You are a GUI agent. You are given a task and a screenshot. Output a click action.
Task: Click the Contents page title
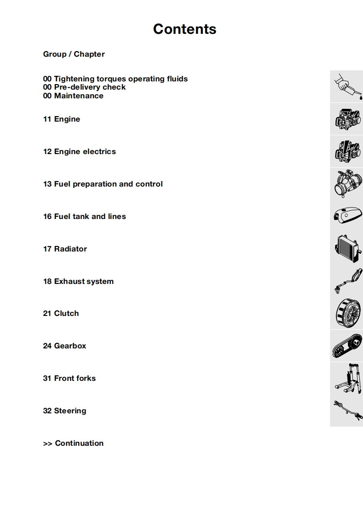184,29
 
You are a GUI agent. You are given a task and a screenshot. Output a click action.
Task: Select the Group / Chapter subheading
74,54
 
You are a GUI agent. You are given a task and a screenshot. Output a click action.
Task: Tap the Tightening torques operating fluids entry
115,79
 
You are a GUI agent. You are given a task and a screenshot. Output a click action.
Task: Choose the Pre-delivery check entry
84,87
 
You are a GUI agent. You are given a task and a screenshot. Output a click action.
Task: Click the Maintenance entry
73,96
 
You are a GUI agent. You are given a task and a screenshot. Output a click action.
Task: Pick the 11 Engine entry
61,119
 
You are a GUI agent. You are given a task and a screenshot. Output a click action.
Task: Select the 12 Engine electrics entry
79,151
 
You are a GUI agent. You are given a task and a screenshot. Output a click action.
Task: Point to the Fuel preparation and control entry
103,184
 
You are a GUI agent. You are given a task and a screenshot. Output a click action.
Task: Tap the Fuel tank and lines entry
84,216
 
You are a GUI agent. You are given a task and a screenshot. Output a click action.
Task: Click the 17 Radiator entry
65,249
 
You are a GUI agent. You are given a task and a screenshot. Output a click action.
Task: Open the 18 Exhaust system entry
78,281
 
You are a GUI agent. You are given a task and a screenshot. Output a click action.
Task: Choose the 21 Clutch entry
61,313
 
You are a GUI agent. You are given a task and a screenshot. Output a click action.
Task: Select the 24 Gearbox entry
65,346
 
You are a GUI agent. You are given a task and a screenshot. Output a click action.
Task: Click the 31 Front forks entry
69,378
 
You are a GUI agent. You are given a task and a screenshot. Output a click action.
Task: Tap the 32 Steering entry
65,411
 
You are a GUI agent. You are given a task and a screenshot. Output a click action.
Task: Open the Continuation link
73,443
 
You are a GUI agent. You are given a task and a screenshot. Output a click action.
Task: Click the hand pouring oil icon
347,86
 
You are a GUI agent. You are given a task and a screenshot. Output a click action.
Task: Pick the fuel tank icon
347,216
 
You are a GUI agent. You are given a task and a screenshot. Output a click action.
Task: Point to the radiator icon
347,248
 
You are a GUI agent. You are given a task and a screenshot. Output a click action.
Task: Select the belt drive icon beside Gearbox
347,346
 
